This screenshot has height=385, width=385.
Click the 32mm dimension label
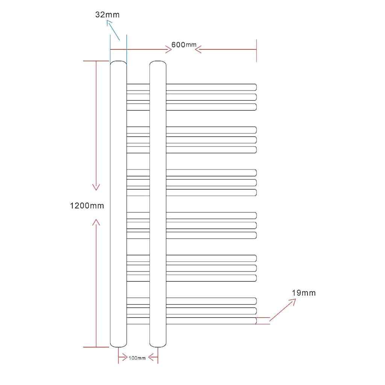click(x=107, y=15)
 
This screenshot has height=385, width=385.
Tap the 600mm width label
click(x=183, y=45)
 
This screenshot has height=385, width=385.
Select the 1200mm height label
click(x=87, y=206)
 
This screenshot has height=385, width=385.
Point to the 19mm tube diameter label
click(x=303, y=293)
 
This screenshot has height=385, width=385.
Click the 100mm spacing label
click(x=137, y=358)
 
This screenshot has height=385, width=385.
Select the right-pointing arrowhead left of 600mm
click(x=169, y=50)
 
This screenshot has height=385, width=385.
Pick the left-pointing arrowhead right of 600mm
click(x=198, y=49)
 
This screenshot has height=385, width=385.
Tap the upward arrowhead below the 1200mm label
click(x=96, y=222)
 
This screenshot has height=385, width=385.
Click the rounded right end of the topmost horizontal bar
click(x=255, y=87)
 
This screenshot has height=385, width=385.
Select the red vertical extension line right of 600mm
click(x=256, y=51)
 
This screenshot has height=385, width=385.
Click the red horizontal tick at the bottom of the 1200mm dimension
click(x=96, y=347)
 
